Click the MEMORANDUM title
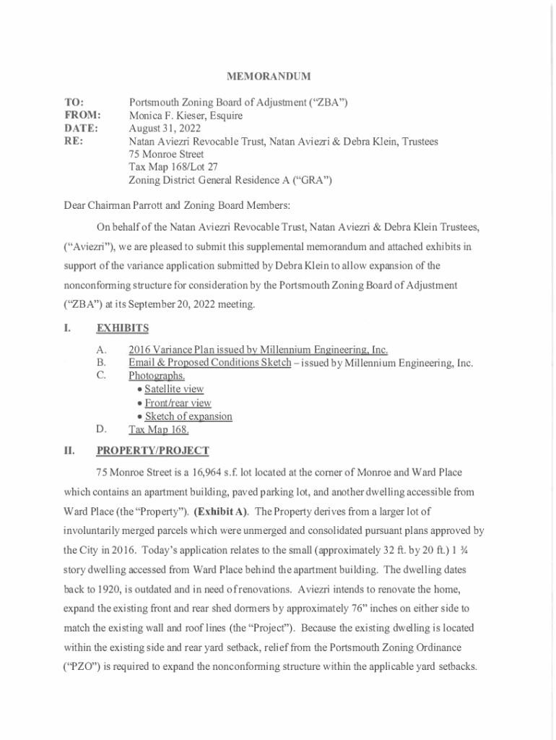pyautogui.click(x=269, y=76)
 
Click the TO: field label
pyautogui.click(x=74, y=103)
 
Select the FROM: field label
pyautogui.click(x=82, y=116)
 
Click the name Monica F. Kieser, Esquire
pyautogui.click(x=186, y=116)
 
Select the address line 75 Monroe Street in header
pyautogui.click(x=166, y=154)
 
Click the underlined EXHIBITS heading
pyautogui.click(x=122, y=328)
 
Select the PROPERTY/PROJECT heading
pyautogui.click(x=152, y=451)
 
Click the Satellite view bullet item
pyautogui.click(x=173, y=389)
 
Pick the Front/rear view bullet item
pyautogui.click(x=177, y=403)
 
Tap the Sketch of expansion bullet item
pyautogui.click(x=188, y=416)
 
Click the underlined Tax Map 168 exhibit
pyautogui.click(x=158, y=430)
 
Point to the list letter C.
pyautogui.click(x=101, y=375)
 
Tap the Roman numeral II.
pyautogui.click(x=69, y=451)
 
